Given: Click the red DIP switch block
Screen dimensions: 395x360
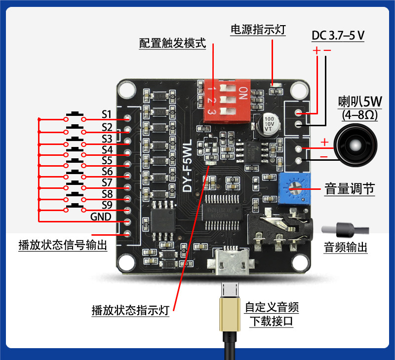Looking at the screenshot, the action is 227,101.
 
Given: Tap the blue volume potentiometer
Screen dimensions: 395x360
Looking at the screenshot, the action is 294,189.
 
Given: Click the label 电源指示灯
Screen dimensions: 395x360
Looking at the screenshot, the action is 258,30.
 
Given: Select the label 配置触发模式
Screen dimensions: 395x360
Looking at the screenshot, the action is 172,43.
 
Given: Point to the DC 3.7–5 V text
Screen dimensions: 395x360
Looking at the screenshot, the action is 338,36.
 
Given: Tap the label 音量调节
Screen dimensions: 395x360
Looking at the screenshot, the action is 350,189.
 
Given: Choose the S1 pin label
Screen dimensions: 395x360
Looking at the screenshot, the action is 107,114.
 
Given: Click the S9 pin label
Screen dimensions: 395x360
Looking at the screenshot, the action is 107,205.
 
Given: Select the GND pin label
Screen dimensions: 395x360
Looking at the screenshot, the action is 101,216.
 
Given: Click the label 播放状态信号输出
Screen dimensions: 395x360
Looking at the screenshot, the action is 63,245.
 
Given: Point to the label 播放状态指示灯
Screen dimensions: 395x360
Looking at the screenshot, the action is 130,310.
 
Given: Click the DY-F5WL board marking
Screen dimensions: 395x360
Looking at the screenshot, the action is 187,166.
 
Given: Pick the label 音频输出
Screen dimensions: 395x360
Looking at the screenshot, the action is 345,247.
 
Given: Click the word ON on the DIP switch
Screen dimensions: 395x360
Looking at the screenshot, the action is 243,93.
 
